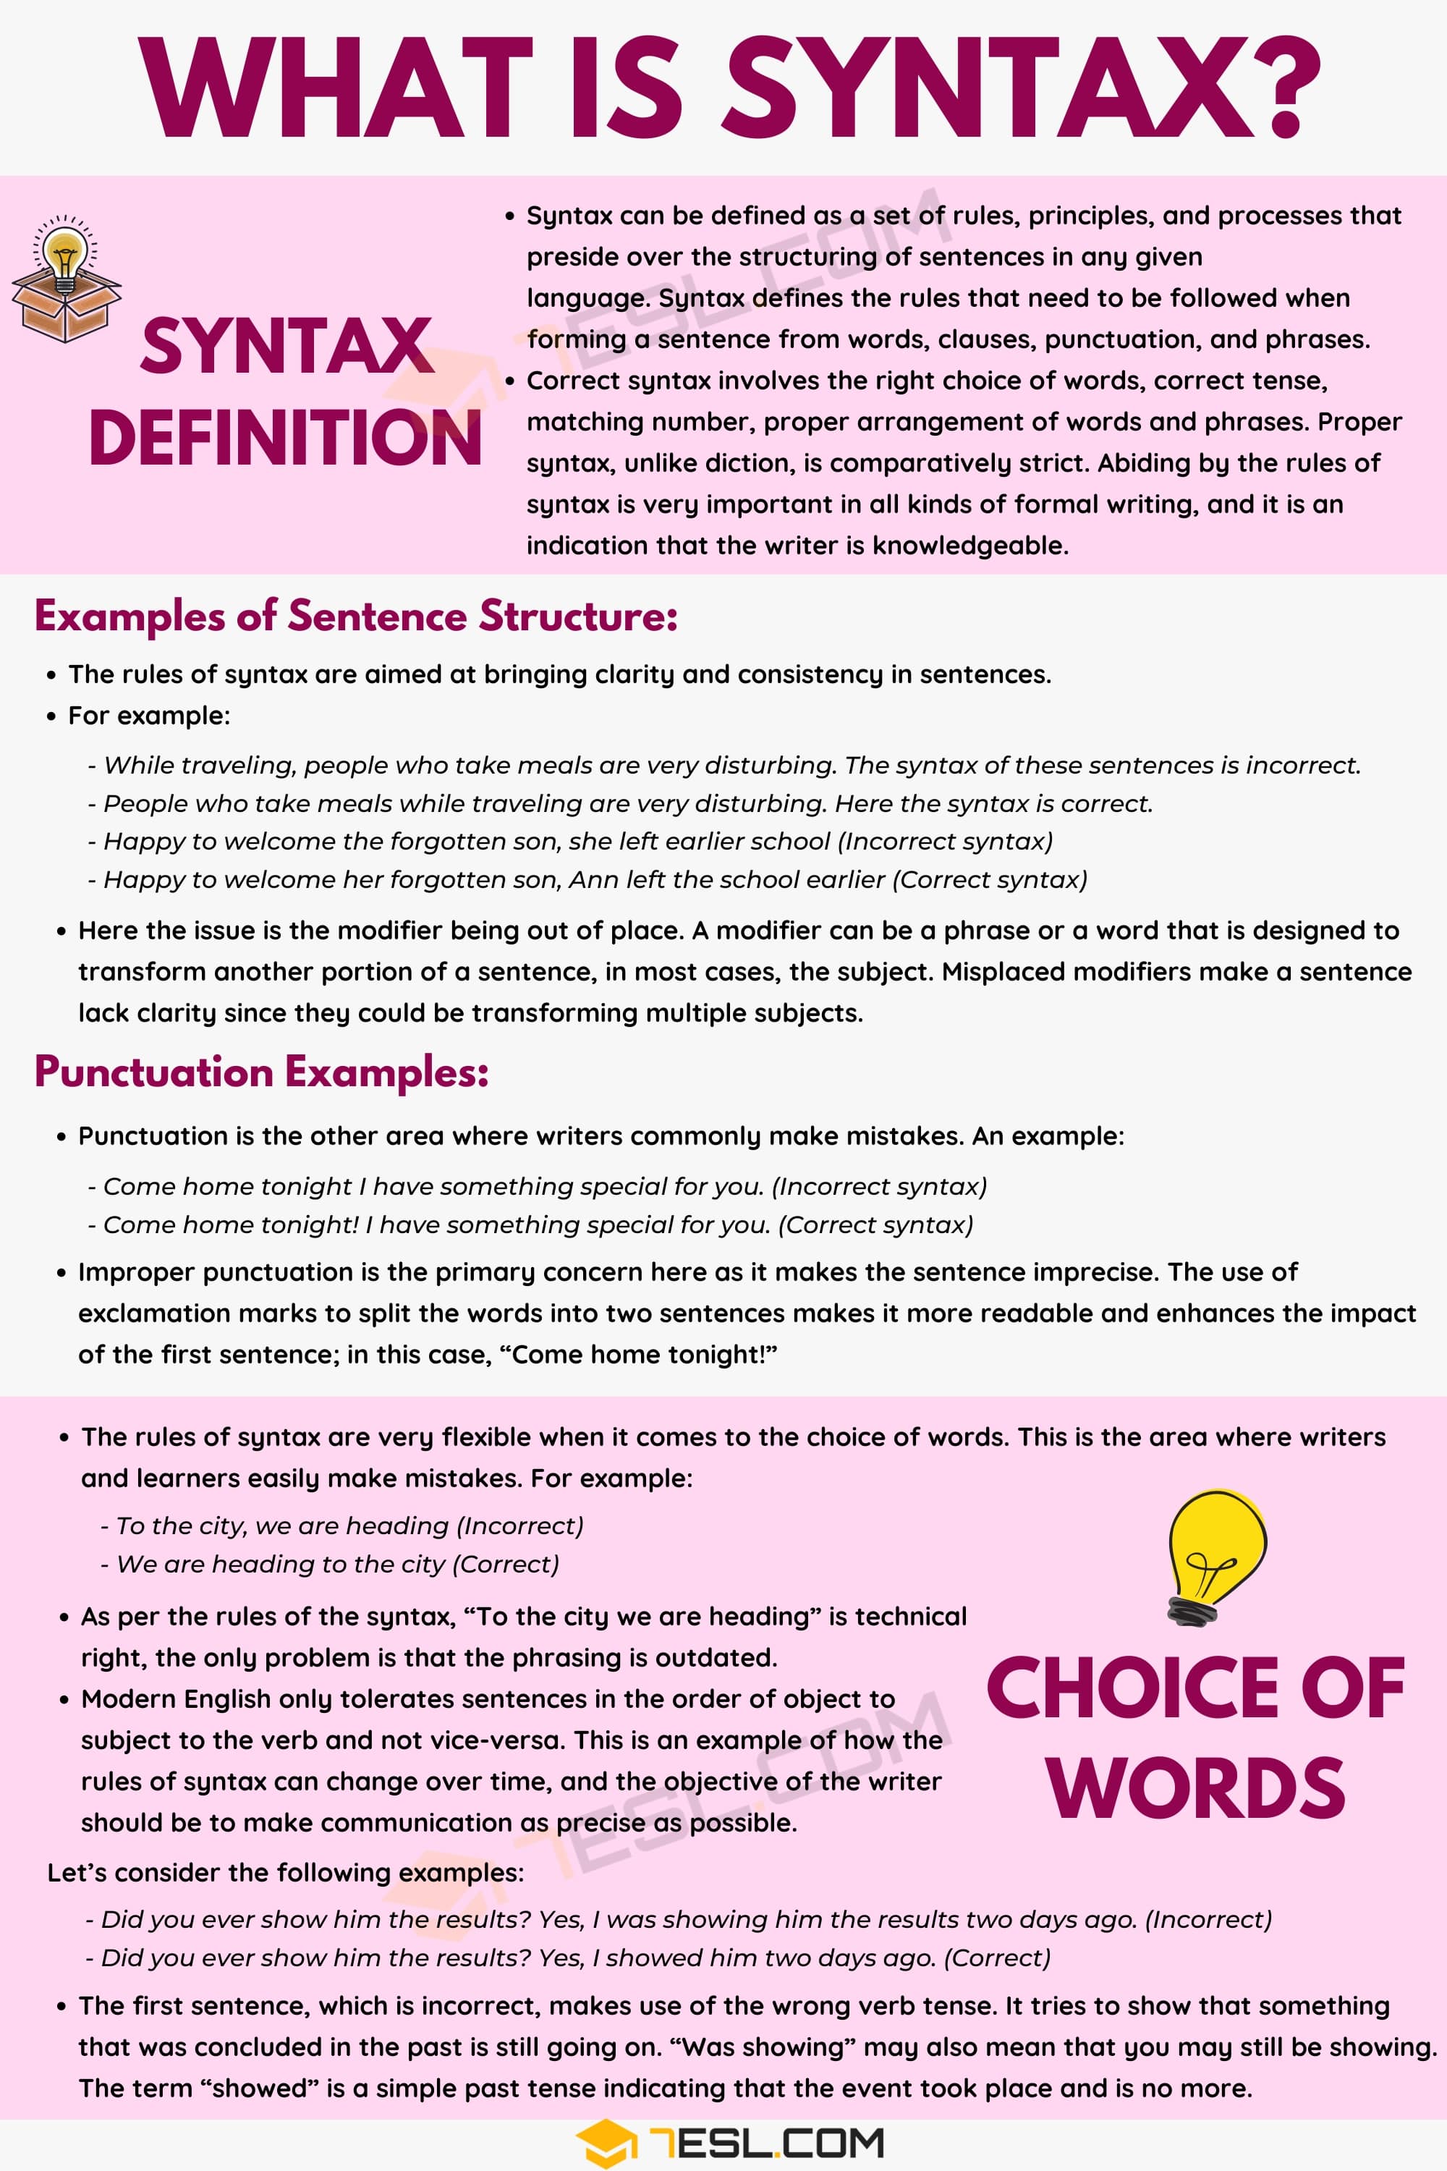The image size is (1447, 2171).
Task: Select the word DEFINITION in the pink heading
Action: (285, 438)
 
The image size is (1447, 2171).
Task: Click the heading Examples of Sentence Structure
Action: (355, 617)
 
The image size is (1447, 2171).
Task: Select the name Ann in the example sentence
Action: (593, 880)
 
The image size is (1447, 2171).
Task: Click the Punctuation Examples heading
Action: (261, 1072)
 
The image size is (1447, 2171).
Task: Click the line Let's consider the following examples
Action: (285, 1873)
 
